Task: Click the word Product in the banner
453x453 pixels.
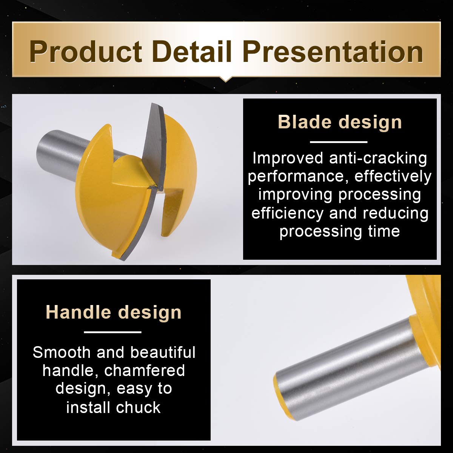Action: [86, 51]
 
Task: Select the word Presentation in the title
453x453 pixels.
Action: [333, 51]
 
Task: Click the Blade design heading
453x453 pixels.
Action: [340, 122]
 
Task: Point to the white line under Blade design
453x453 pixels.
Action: [339, 142]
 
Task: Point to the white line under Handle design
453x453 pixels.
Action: [112, 332]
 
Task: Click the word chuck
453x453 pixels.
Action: [138, 407]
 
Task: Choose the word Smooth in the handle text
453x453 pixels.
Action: [62, 352]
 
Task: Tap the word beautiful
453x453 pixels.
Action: [163, 352]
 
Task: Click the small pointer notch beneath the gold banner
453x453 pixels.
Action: [225, 79]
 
